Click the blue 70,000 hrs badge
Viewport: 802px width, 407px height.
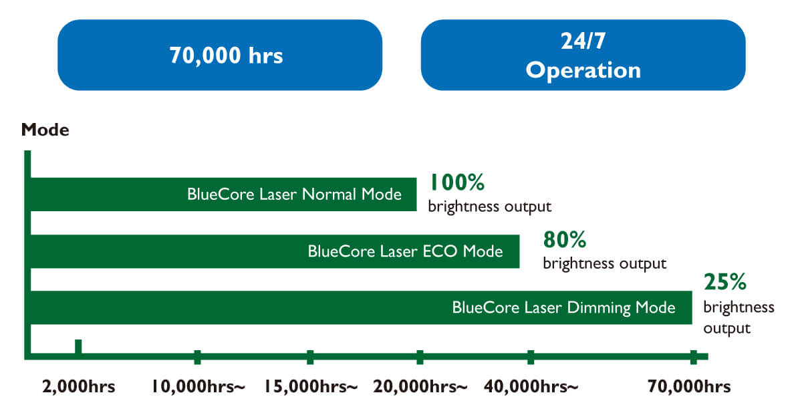coord(220,55)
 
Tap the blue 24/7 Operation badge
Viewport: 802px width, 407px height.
coord(583,55)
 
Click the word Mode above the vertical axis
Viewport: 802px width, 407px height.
coord(45,130)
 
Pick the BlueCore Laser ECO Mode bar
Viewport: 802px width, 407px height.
coord(275,251)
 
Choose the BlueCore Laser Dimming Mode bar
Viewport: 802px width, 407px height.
coord(362,307)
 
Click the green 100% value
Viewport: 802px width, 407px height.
coord(457,182)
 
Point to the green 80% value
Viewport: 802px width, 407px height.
coord(565,239)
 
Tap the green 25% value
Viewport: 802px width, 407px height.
coord(725,282)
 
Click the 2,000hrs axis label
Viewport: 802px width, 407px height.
coord(79,386)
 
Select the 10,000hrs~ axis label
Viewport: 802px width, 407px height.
coord(198,386)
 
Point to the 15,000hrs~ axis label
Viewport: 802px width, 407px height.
coord(311,386)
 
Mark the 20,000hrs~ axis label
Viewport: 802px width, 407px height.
coord(420,386)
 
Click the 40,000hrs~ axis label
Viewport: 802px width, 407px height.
coord(531,386)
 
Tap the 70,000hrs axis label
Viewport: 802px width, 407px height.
coord(689,386)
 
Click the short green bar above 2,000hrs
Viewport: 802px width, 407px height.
coord(78,346)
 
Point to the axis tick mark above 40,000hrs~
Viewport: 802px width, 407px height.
coord(531,358)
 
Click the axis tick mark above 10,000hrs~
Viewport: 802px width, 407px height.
coord(197,358)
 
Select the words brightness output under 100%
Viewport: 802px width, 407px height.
coord(489,207)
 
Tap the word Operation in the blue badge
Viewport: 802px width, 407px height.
coord(583,70)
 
